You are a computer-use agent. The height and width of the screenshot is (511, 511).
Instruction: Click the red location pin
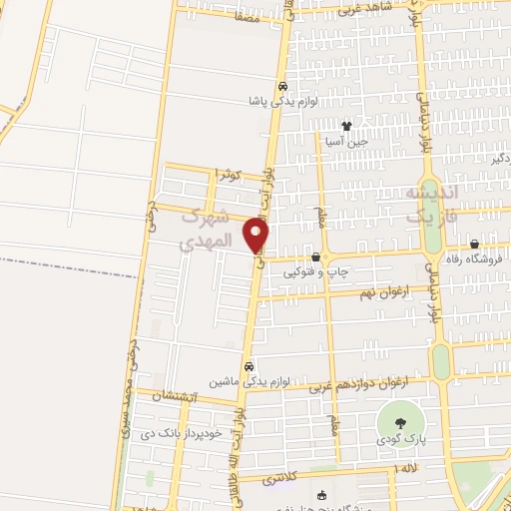click(x=255, y=234)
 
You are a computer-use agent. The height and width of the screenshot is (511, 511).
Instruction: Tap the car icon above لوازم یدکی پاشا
click(x=282, y=86)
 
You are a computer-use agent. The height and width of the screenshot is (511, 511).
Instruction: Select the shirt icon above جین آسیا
click(x=346, y=126)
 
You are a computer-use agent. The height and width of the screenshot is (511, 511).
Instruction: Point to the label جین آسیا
click(x=345, y=142)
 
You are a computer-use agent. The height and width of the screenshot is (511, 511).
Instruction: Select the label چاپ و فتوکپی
click(x=315, y=271)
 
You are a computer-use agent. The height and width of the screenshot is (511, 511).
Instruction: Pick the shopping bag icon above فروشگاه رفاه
click(x=474, y=244)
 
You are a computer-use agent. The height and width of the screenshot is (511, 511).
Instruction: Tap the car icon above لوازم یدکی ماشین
click(x=250, y=365)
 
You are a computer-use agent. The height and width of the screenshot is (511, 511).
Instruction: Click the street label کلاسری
click(x=282, y=480)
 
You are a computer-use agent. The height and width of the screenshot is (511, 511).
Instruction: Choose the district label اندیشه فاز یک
click(x=431, y=204)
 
